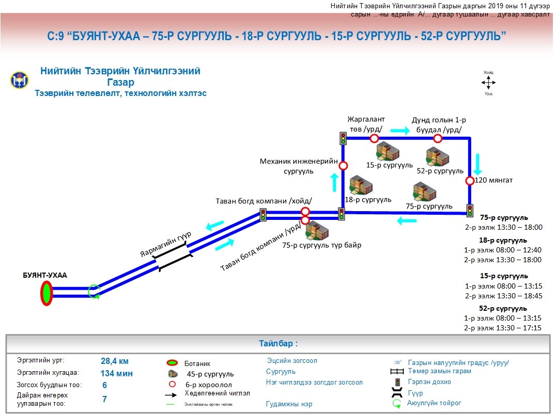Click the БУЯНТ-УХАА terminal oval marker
point(47,293)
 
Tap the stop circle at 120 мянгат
point(470,181)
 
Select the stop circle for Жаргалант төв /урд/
point(374,138)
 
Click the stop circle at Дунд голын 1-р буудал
point(438,138)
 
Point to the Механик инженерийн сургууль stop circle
point(343,166)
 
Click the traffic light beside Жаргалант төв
point(343,138)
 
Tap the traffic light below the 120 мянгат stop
point(470,210)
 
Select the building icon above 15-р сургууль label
point(388,151)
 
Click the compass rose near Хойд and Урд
point(488,83)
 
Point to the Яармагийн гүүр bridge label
point(165,244)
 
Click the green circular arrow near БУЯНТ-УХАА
point(94,292)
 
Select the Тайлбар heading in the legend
point(278,343)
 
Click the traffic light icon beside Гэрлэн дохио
point(397,383)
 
